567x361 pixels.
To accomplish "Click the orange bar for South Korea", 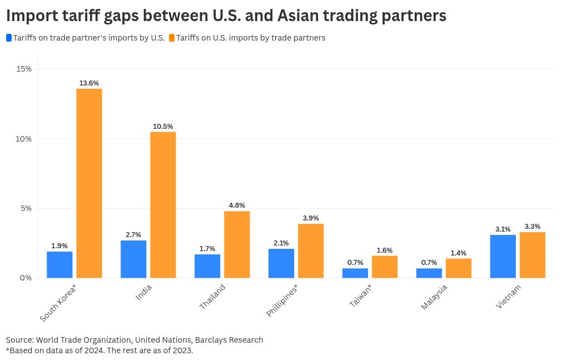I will pos(89,183).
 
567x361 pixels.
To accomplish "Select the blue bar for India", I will pos(133,259).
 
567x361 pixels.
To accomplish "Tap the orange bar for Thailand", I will pos(237,244).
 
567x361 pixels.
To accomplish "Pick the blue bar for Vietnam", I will pos(503,256).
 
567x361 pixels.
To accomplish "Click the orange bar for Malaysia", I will pos(459,268).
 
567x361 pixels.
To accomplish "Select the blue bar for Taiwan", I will pos(355,273).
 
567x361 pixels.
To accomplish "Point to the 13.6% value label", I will pos(89,83).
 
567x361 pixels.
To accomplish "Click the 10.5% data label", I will pos(163,127).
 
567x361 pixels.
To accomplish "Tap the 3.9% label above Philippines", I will pos(311,218).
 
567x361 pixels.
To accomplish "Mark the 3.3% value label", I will pos(533,227).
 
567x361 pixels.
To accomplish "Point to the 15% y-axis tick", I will pos(24,69).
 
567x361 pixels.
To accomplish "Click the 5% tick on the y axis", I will pos(26,208).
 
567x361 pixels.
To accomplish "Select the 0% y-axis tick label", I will pos(26,278).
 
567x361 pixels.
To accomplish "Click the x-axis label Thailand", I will pos(213,297).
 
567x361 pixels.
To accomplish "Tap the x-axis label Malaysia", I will pos(434,297).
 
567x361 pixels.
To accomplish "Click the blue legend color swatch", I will pos(9,38).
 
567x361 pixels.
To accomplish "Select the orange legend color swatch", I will pos(172,38).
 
